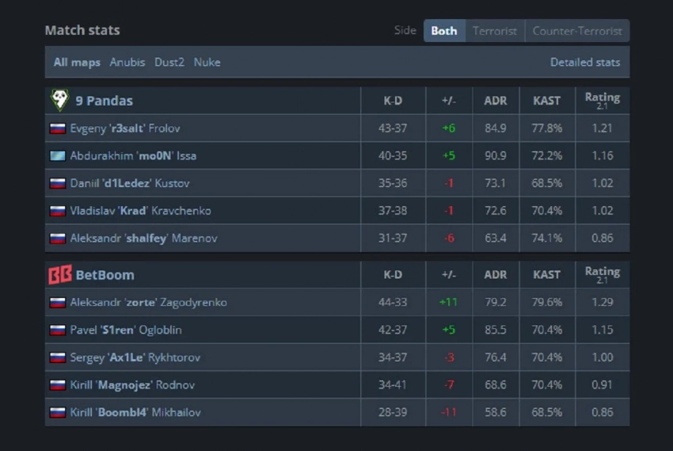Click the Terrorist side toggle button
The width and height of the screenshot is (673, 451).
pyautogui.click(x=495, y=31)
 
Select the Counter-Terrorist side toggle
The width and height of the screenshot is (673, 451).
pyautogui.click(x=577, y=31)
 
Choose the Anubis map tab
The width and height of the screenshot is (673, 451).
pyautogui.click(x=127, y=62)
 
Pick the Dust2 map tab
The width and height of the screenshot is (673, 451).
pyautogui.click(x=169, y=62)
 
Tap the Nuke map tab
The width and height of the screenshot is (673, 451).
pyautogui.click(x=207, y=62)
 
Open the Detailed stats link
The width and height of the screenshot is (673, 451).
pyautogui.click(x=585, y=62)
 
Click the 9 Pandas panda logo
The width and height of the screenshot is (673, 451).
pyautogui.click(x=59, y=100)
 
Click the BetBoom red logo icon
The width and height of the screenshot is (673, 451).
pyautogui.click(x=59, y=275)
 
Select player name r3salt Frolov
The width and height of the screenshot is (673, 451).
pyautogui.click(x=126, y=128)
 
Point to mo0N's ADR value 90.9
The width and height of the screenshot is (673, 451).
pyautogui.click(x=495, y=155)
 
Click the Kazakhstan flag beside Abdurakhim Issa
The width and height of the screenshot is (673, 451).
pyautogui.click(x=57, y=155)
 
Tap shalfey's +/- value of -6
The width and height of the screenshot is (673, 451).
pyautogui.click(x=449, y=238)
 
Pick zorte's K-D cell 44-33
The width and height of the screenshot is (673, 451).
pyautogui.click(x=393, y=302)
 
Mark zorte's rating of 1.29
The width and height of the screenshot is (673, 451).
pyautogui.click(x=602, y=302)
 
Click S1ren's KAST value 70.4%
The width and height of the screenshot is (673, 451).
pyautogui.click(x=547, y=330)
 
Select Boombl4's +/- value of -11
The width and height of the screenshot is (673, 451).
pyautogui.click(x=448, y=412)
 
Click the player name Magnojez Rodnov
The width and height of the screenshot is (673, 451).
pyautogui.click(x=132, y=385)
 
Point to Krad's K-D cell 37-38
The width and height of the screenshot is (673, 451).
pyautogui.click(x=393, y=211)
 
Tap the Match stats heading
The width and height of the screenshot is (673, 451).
pyautogui.click(x=82, y=30)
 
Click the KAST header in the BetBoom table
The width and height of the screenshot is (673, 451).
pyautogui.click(x=547, y=275)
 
